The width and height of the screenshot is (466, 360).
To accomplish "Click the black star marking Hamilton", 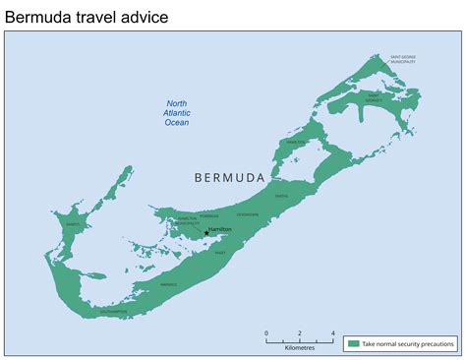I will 205,232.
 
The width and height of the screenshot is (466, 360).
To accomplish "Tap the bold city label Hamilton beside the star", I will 220,229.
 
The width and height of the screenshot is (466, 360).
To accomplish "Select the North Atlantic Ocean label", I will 177,114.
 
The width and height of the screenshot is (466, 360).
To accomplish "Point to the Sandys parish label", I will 73,224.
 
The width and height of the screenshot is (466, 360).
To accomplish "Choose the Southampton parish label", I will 113,312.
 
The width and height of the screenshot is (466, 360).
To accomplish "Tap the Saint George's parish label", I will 374,98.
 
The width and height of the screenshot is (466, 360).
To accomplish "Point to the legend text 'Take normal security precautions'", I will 407,343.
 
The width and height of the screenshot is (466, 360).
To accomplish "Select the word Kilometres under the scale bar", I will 300,347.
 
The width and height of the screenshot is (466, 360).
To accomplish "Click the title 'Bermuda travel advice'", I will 87,16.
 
